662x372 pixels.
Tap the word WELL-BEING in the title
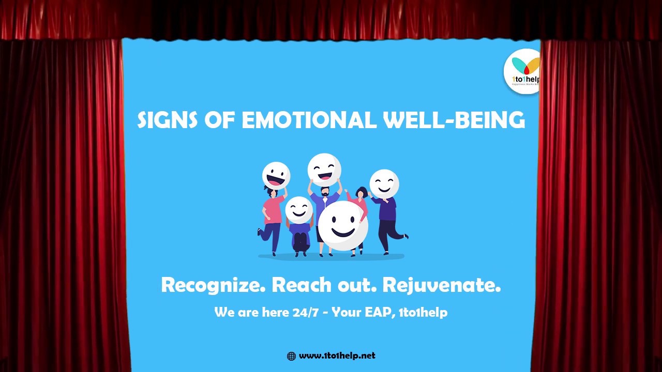tap(454, 120)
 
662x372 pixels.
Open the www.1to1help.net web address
tap(337, 355)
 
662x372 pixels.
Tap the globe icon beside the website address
tap(291, 356)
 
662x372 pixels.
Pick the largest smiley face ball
tap(343, 226)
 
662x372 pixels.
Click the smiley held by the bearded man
tap(324, 169)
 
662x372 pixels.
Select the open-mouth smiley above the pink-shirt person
tap(276, 176)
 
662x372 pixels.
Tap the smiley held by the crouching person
tap(299, 210)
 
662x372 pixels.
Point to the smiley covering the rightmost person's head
tap(384, 184)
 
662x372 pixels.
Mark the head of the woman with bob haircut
tap(362, 193)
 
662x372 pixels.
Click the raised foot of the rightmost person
tap(404, 237)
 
